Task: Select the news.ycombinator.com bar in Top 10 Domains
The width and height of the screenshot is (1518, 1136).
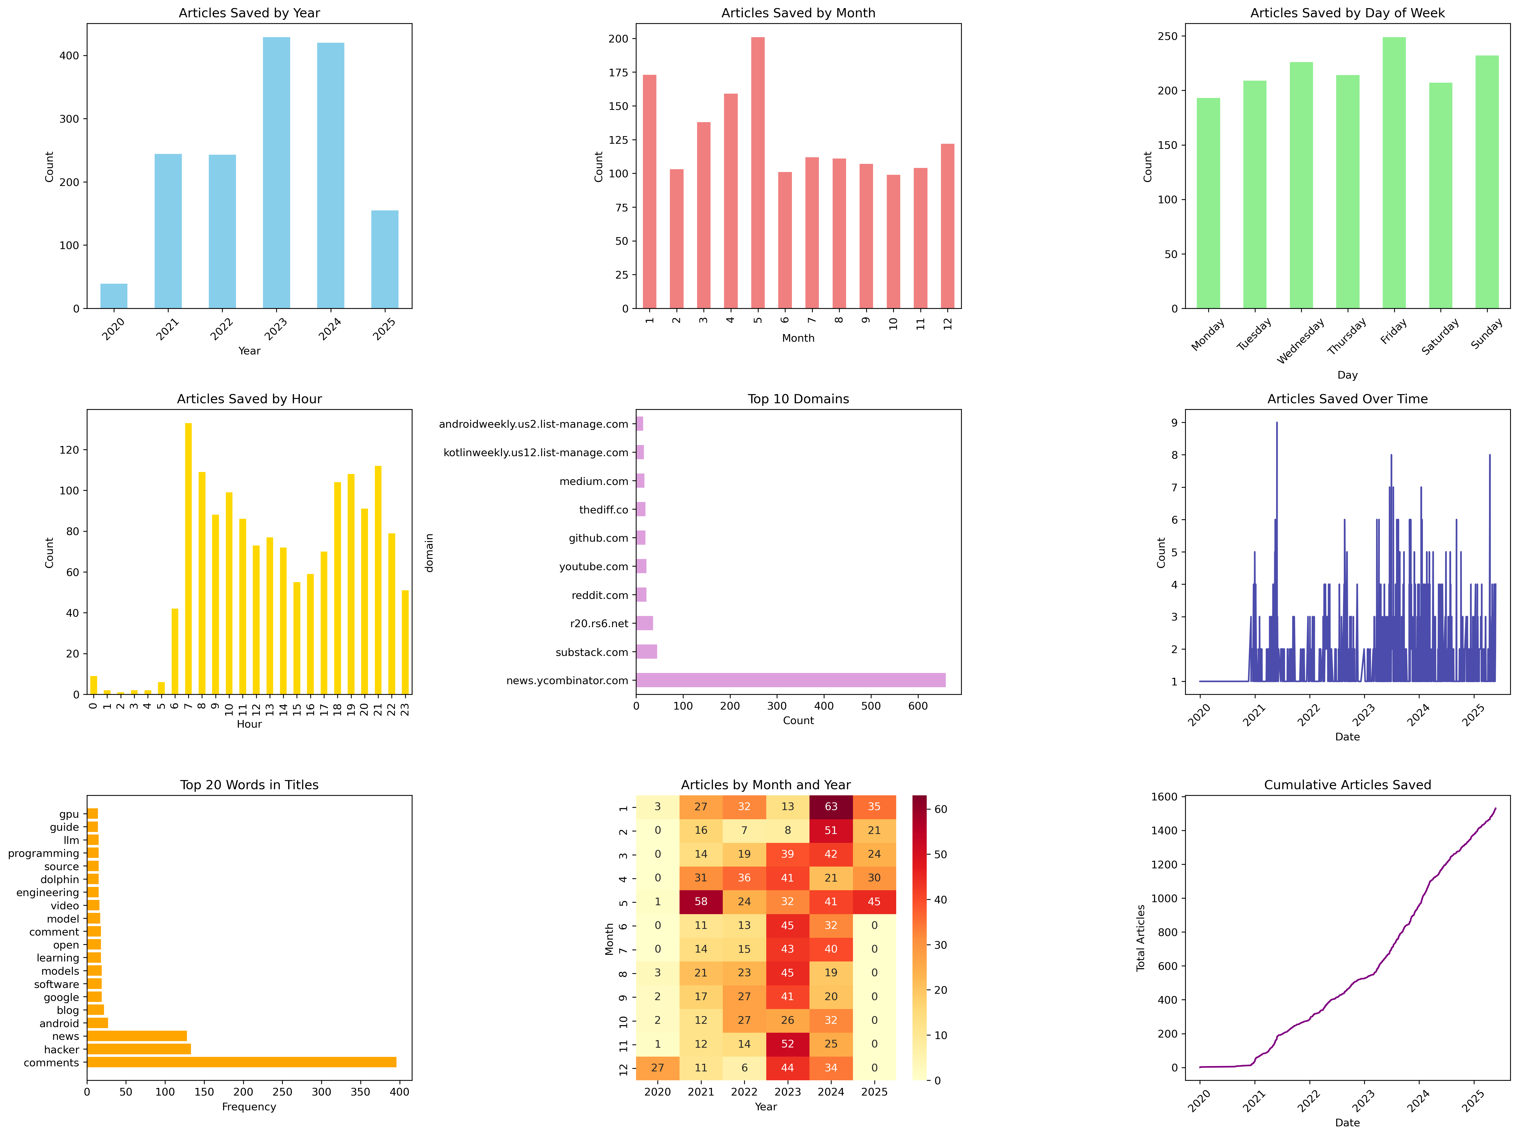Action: [x=791, y=680]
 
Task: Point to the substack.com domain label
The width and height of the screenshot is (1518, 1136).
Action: [x=592, y=652]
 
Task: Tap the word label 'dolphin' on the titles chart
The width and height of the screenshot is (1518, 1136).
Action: [x=60, y=879]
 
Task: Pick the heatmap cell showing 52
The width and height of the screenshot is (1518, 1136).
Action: [x=787, y=1044]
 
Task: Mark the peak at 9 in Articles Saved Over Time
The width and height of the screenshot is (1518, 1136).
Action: [x=1276, y=424]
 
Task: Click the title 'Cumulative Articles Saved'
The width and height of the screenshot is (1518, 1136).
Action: [x=1347, y=785]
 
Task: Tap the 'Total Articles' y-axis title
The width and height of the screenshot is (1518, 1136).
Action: [x=1141, y=938]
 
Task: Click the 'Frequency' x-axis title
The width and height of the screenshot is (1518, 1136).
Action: [x=249, y=1106]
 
